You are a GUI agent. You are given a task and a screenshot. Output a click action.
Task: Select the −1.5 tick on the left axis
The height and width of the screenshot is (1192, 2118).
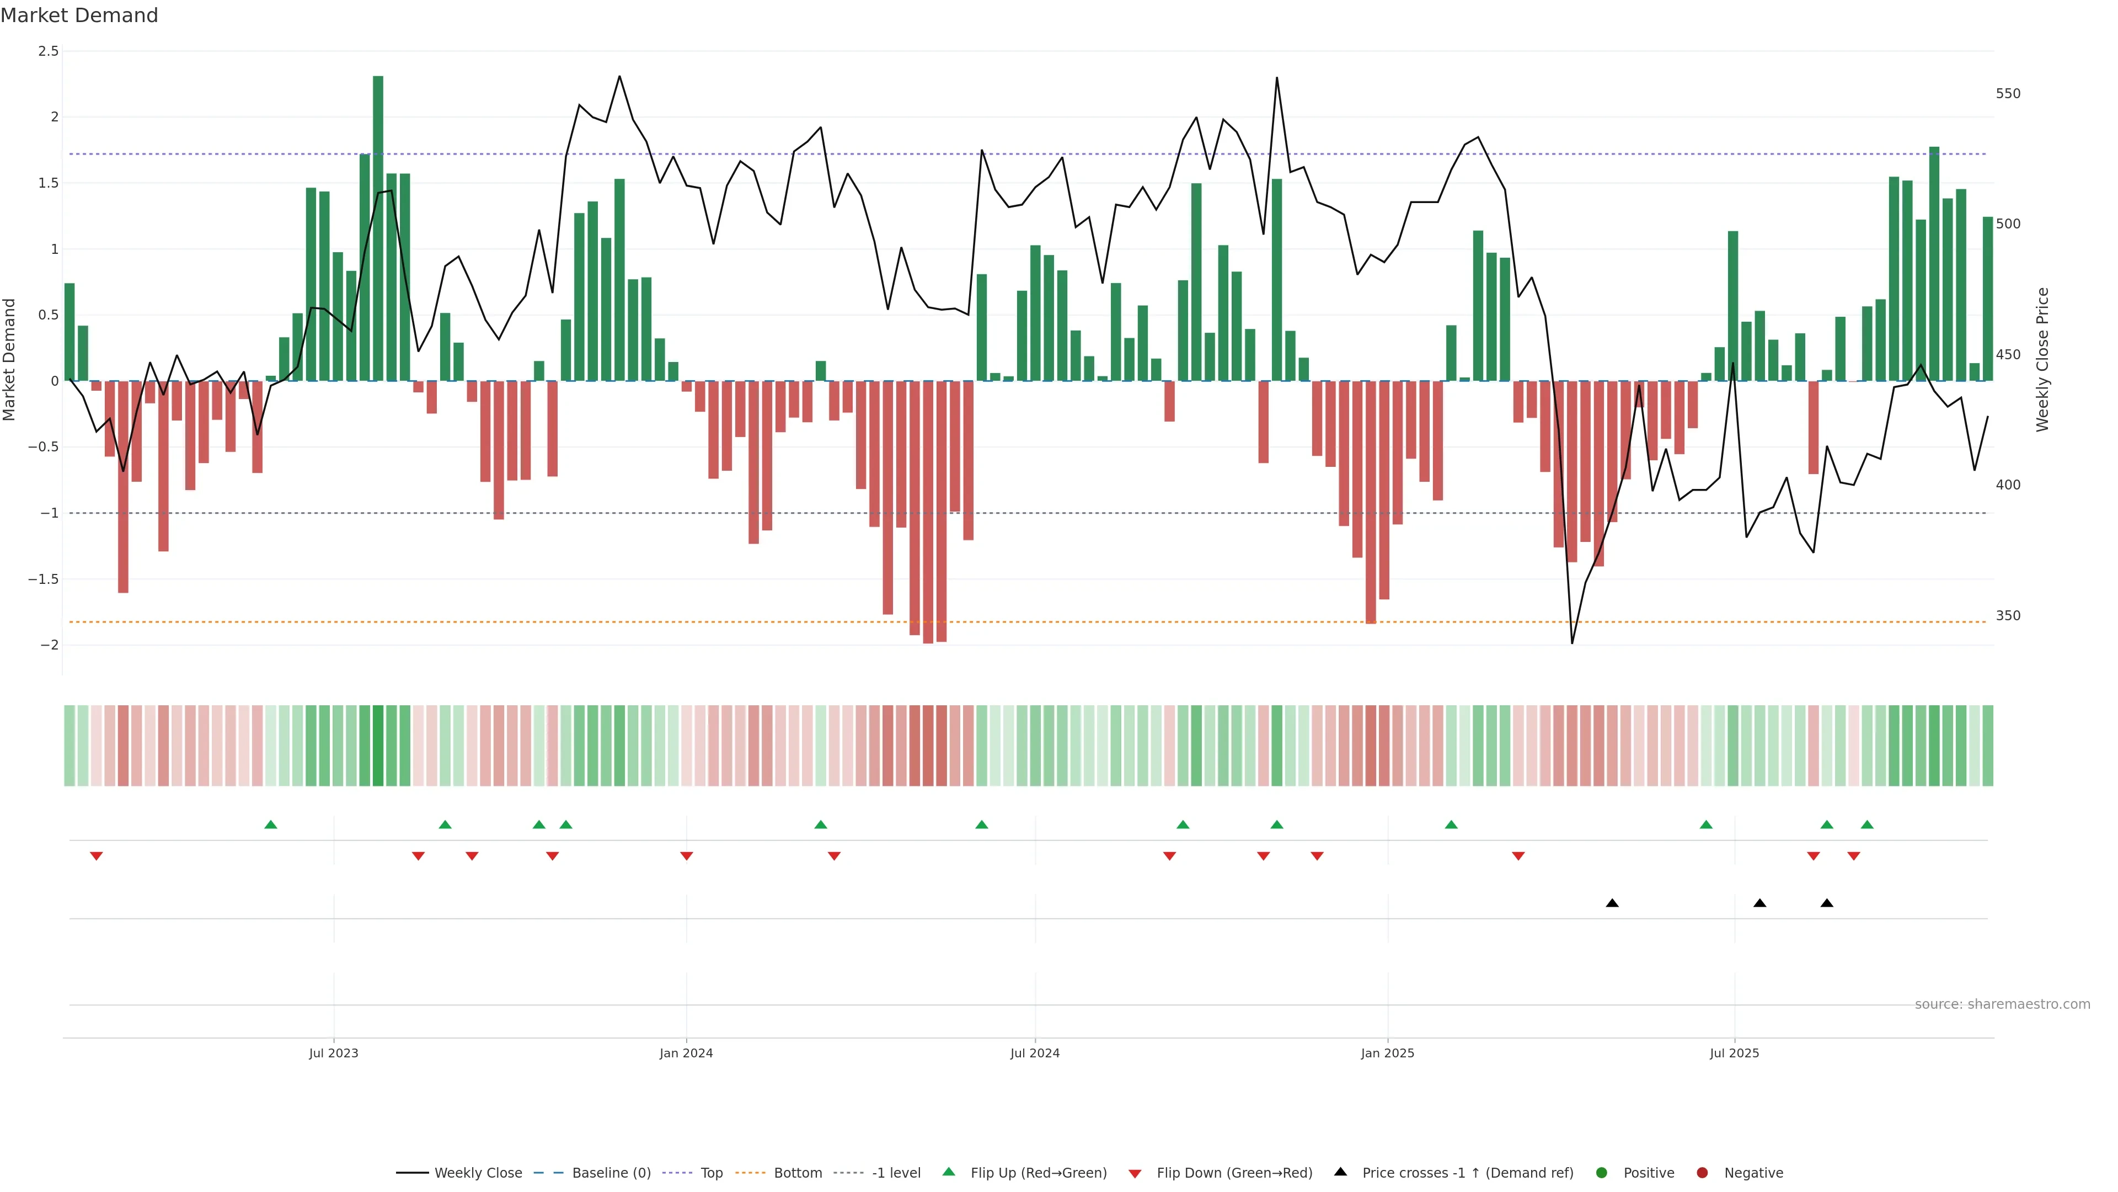(44, 579)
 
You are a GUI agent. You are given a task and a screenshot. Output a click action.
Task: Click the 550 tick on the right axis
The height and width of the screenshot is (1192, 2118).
(2007, 94)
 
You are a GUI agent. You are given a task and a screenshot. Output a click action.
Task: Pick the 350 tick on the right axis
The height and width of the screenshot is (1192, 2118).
(2007, 615)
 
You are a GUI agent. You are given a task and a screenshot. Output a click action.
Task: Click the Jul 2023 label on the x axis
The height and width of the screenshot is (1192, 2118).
(333, 1053)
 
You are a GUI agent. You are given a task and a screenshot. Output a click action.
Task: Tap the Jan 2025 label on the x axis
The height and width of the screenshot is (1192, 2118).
(1387, 1053)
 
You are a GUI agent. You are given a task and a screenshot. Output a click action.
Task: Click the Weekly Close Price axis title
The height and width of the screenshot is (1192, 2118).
(2042, 359)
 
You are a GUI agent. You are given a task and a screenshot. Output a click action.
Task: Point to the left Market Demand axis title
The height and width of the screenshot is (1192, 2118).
(10, 359)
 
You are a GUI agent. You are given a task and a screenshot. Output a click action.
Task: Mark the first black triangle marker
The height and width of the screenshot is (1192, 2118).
(1612, 903)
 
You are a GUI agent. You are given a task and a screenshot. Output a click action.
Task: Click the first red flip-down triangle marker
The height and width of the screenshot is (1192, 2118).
(96, 856)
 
